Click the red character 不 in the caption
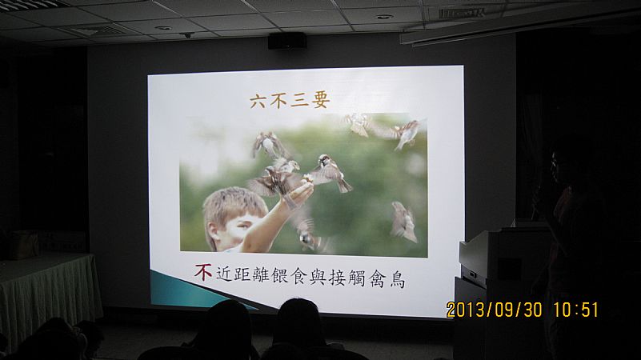(203, 272)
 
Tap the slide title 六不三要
(290, 101)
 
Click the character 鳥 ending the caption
(397, 280)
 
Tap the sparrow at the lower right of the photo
(404, 222)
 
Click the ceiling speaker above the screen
(287, 41)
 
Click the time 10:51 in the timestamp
(576, 310)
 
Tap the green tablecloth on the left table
(48, 294)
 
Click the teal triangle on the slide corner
(192, 290)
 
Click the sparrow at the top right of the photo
(405, 134)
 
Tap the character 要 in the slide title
(320, 101)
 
